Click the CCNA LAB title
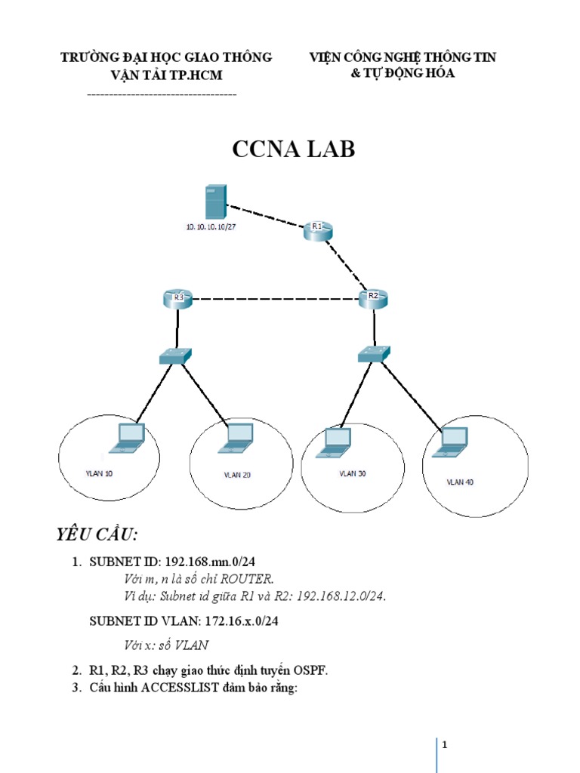pyautogui.click(x=292, y=149)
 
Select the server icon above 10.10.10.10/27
pyautogui.click(x=214, y=204)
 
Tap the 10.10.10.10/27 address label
pyautogui.click(x=211, y=226)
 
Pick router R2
pyautogui.click(x=373, y=299)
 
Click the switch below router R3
pyautogui.click(x=176, y=356)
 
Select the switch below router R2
pyautogui.click(x=375, y=354)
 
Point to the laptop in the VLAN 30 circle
pyautogui.click(x=334, y=442)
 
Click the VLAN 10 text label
pyautogui.click(x=99, y=473)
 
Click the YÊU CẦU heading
pyautogui.click(x=96, y=535)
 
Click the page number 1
pyautogui.click(x=446, y=746)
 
